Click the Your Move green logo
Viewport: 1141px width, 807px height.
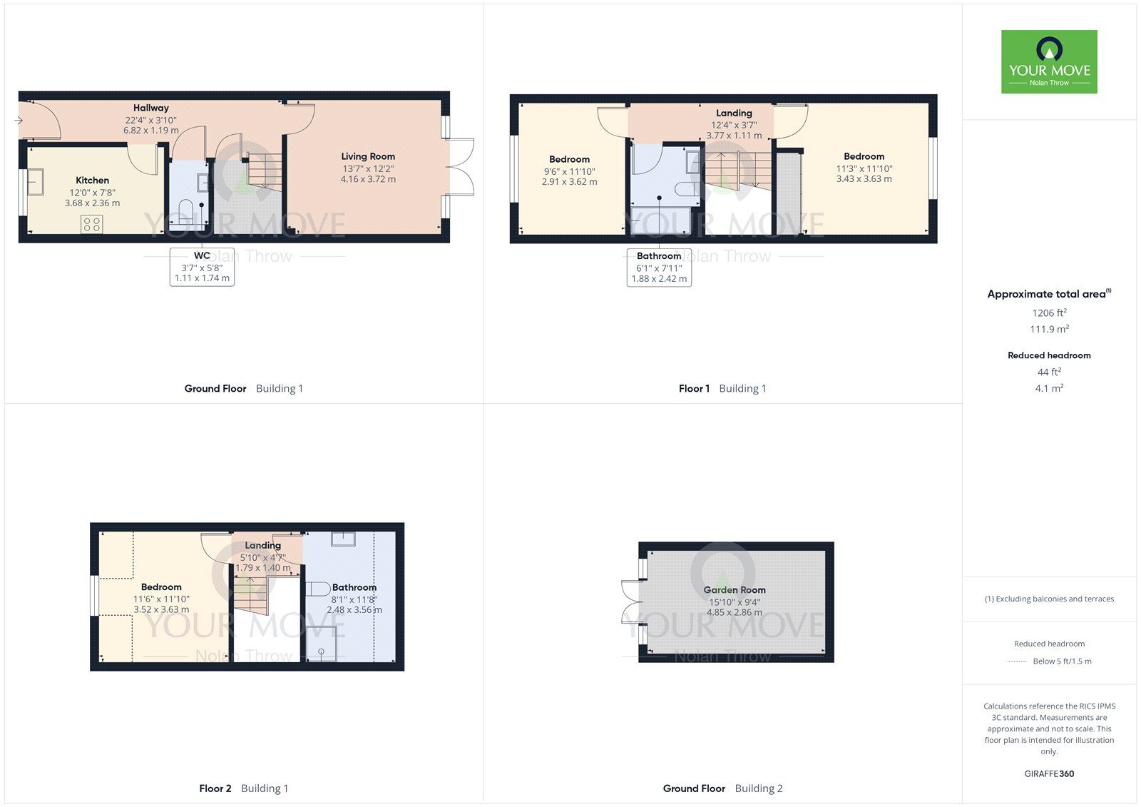point(1048,61)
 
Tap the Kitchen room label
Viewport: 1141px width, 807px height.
point(93,181)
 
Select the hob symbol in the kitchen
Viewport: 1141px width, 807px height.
point(91,224)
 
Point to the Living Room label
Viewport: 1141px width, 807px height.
point(367,156)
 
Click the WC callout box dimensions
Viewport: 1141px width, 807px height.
point(202,273)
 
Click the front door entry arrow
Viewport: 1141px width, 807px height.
point(18,121)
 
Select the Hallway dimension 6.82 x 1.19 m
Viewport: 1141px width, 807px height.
point(150,131)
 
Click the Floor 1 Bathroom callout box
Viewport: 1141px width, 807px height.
point(659,267)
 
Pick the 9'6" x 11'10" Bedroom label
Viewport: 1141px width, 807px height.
point(569,160)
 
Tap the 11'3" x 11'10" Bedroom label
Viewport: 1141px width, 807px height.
point(864,156)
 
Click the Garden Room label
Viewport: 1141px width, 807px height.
point(734,590)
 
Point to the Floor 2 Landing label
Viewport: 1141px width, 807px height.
point(262,545)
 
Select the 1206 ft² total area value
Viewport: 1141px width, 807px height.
point(1049,313)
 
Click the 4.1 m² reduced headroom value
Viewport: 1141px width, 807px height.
point(1049,388)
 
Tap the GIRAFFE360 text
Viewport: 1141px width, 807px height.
point(1049,773)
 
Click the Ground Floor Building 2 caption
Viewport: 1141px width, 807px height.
point(722,788)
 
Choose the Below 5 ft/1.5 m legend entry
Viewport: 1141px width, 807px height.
point(1061,661)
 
